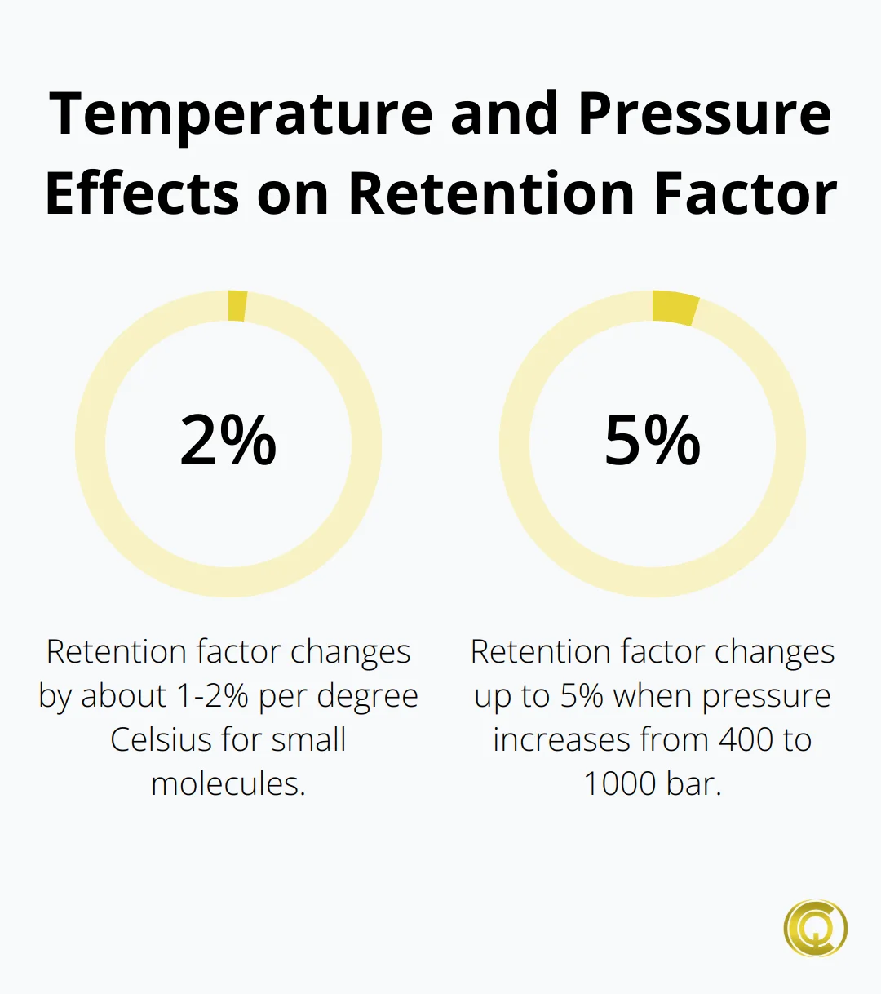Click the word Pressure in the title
coord(705,114)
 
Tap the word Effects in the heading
coord(142,194)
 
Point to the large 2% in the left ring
coord(228,442)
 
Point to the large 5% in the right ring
coord(653,442)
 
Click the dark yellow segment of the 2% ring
coord(237,305)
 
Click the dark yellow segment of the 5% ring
coord(675,308)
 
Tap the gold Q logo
coord(815,928)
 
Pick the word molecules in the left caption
coord(226,784)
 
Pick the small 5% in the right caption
coord(582,696)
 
